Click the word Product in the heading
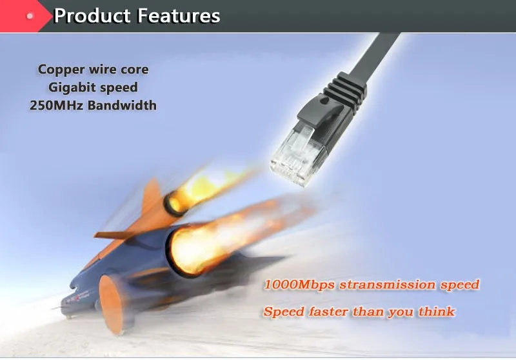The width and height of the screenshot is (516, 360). pos(92,15)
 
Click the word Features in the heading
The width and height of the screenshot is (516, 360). pos(179,15)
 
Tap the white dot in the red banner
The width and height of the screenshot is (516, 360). pos(30,15)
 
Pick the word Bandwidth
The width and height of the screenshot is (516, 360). pos(122,105)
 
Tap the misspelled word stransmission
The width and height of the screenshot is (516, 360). pos(387,285)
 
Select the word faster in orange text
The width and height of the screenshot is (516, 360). pos(328,312)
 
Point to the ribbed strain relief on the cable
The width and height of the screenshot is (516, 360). pos(346,90)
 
